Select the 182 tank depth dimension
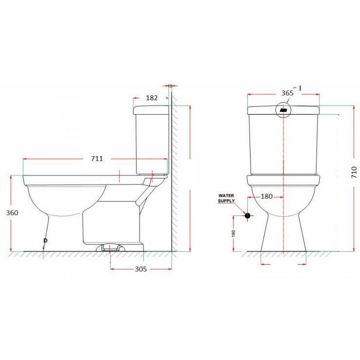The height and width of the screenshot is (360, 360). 152,98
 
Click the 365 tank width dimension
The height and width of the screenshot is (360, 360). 287,93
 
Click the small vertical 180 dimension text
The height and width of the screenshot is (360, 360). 234,233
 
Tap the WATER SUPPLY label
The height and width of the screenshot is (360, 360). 226,198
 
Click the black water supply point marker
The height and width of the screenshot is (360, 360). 247,215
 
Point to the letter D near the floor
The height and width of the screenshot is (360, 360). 45,241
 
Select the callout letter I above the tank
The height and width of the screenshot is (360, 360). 300,88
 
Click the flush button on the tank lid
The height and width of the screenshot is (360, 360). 283,110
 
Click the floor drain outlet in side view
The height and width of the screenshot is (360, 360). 111,248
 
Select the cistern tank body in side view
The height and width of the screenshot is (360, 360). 152,141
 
